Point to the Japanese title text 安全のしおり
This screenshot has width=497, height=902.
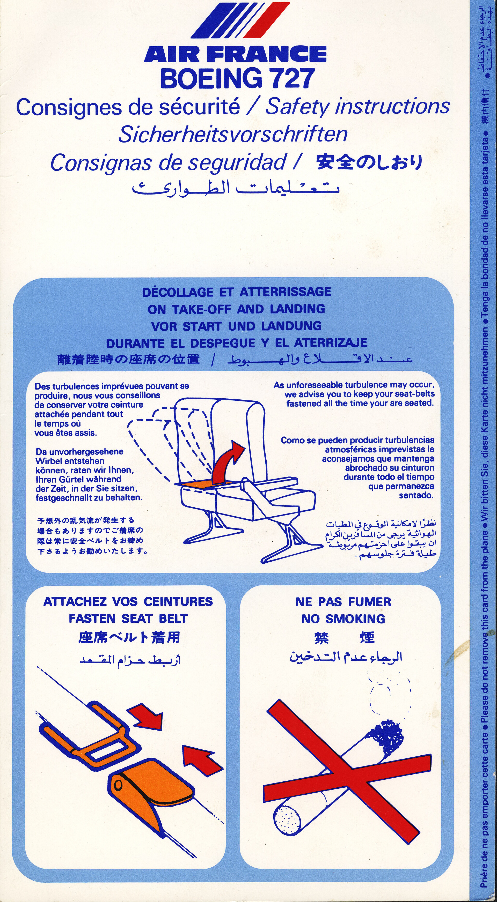369,162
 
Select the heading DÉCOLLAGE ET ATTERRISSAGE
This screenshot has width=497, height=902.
237,292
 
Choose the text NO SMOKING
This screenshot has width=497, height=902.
343,619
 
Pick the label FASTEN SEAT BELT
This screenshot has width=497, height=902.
128,618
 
